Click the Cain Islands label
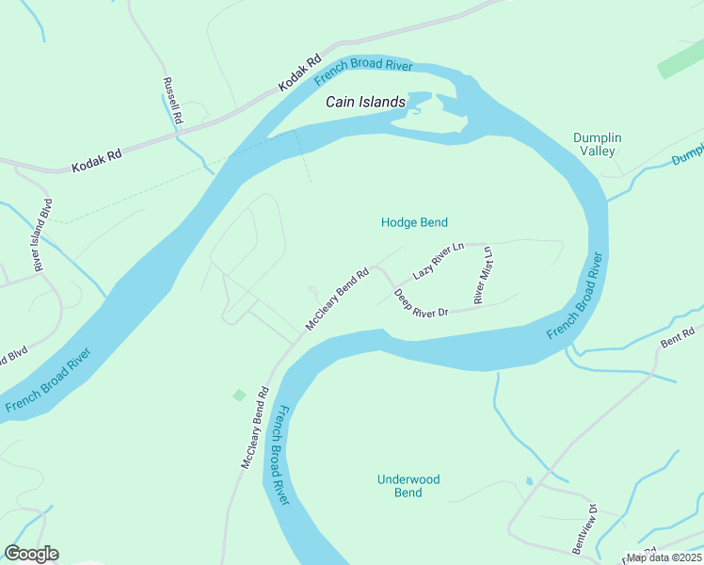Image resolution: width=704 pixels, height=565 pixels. pos(365,102)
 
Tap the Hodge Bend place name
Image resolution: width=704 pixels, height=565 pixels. pos(413,222)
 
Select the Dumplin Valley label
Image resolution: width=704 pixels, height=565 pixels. pos(598,144)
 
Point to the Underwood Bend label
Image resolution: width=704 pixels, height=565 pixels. pos(408,486)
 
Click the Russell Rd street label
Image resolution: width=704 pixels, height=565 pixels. pos(171,101)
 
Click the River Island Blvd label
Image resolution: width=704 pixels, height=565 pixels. pos(41,235)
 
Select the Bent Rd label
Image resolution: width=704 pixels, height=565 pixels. pos(677,337)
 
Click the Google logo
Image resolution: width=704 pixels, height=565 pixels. pos(31,554)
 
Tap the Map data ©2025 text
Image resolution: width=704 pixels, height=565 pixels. pos(664,557)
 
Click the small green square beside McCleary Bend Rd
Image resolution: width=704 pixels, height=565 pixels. pos(239,395)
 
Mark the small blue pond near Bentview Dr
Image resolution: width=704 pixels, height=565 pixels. pos(529,481)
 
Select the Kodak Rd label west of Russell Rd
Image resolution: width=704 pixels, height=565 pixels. pos(97,161)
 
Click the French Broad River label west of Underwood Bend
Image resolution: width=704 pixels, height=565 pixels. pos(280,454)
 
